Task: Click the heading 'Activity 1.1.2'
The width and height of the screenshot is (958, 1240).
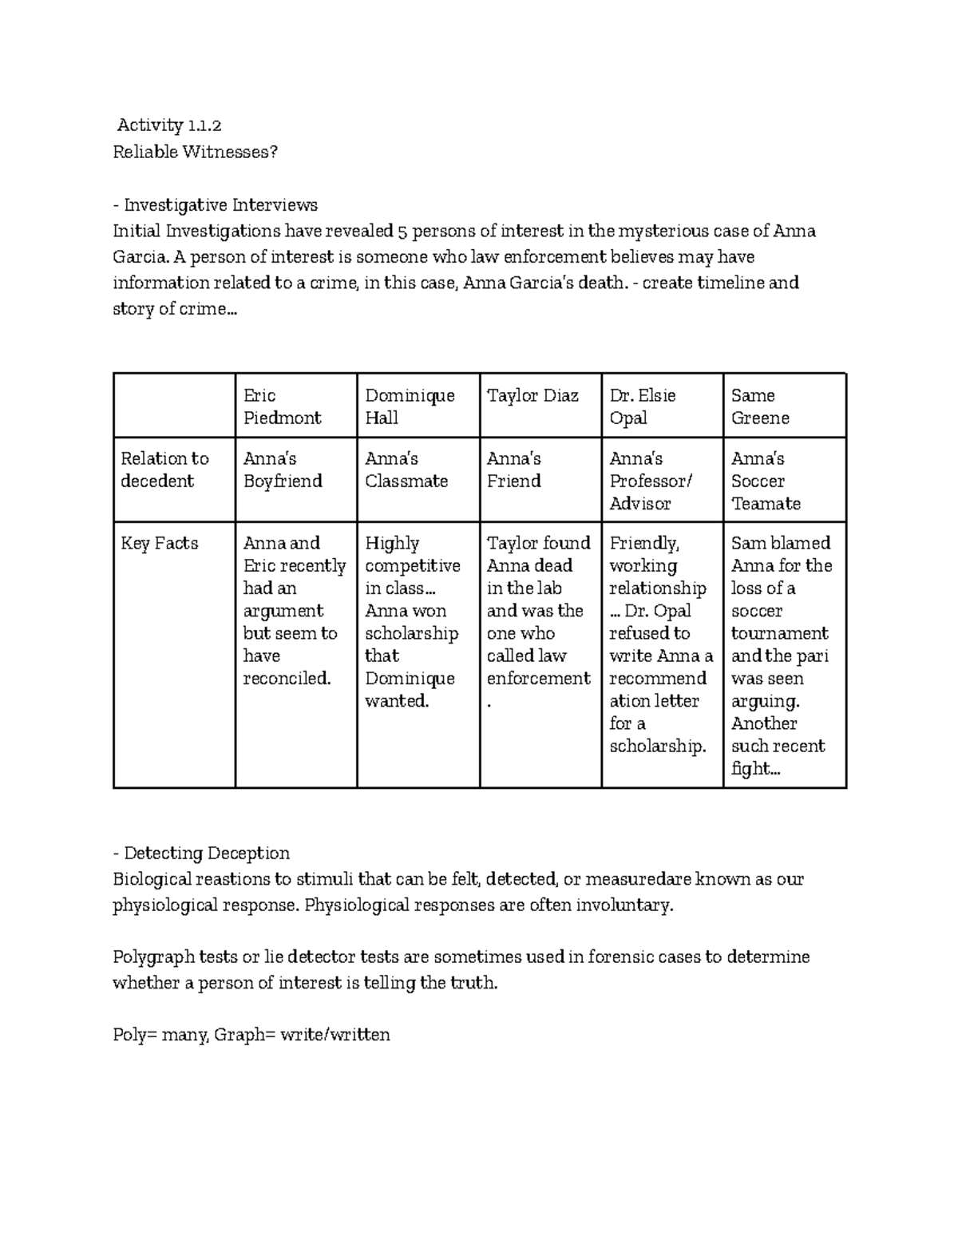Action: click(168, 125)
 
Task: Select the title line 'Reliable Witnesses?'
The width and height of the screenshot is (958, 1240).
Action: click(196, 152)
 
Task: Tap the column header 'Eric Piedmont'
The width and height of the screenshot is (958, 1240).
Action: click(282, 406)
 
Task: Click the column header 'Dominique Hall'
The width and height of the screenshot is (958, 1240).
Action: click(410, 406)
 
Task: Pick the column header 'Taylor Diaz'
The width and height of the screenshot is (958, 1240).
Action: click(532, 396)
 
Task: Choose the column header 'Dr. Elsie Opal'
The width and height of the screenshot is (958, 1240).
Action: click(642, 406)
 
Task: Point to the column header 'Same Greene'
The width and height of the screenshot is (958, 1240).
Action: click(760, 406)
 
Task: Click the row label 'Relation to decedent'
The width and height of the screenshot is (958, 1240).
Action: click(164, 469)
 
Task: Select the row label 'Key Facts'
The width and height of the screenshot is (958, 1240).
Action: click(159, 544)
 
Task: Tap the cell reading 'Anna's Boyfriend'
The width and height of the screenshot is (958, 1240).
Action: click(283, 469)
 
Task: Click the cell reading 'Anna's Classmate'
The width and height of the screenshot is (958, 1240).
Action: click(406, 469)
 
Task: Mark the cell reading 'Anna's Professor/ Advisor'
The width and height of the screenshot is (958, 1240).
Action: click(651, 481)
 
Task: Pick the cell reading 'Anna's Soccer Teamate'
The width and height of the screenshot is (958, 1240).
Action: click(766, 481)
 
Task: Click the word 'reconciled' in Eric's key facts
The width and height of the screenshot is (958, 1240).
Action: click(286, 679)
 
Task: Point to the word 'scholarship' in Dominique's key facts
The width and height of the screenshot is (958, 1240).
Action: click(411, 633)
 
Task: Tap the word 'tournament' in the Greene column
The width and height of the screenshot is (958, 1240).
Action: click(780, 633)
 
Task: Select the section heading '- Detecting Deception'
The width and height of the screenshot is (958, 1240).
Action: click(201, 854)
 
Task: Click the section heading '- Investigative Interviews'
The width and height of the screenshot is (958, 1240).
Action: click(215, 205)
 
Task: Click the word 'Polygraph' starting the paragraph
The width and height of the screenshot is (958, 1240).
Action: click(152, 957)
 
